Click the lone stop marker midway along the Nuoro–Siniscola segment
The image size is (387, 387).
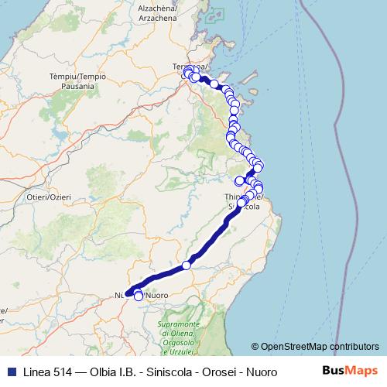(x=187, y=265)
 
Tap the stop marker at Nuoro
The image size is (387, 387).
(x=139, y=296)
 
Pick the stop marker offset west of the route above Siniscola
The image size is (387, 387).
(x=240, y=181)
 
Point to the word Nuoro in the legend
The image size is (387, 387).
(x=258, y=372)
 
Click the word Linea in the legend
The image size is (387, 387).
(x=36, y=372)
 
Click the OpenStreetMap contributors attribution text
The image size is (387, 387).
(x=320, y=347)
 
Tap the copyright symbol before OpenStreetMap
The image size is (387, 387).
(x=255, y=347)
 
